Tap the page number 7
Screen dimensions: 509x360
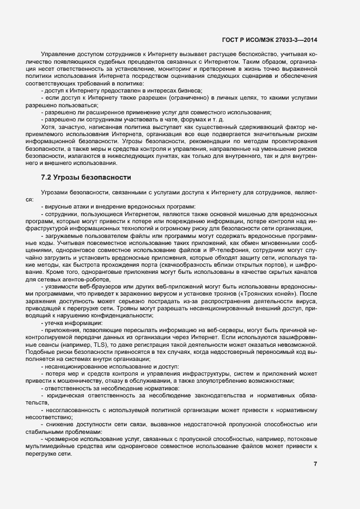click(x=315, y=464)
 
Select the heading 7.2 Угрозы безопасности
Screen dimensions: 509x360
click(x=86, y=177)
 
